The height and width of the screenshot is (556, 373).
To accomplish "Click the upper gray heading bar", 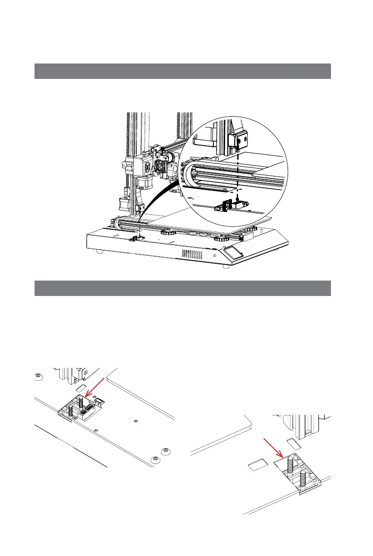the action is [x=183, y=71].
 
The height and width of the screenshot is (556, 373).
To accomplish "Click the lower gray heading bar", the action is [x=183, y=288].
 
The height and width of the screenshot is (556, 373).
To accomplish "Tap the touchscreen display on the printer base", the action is [x=233, y=252].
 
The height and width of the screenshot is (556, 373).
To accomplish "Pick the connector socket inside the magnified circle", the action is [x=231, y=205].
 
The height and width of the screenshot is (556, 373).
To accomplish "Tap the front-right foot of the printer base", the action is [x=226, y=267].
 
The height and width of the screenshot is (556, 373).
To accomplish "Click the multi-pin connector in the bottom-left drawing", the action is [x=86, y=412].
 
